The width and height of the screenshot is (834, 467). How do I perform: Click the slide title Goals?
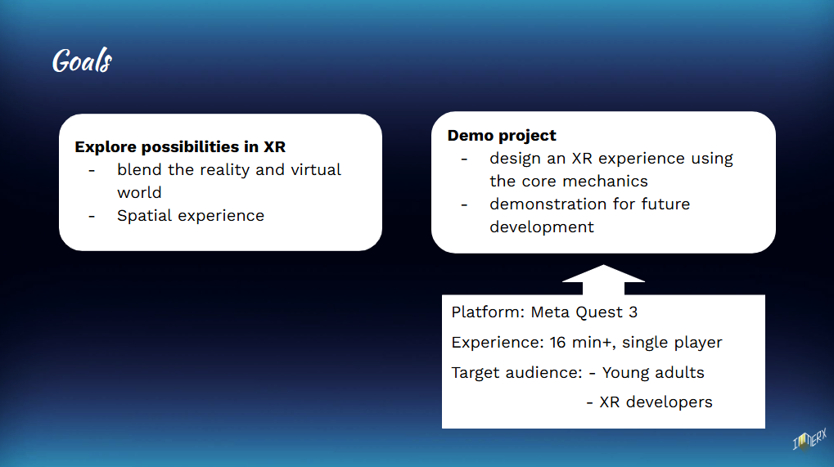pos(82,60)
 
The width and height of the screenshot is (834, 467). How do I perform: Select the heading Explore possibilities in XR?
pos(180,146)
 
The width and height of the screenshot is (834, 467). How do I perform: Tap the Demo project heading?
pos(502,136)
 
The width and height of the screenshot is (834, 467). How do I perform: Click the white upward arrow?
pos(603,280)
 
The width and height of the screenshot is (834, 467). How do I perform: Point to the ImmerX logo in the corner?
pos(809,440)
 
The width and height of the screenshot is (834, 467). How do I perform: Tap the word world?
pos(139,192)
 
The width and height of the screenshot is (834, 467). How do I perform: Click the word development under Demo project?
pos(542,227)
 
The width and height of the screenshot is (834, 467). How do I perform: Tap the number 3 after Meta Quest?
pos(633,312)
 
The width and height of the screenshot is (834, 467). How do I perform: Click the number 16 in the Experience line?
pos(557,342)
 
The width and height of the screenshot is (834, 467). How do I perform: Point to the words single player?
pos(672,343)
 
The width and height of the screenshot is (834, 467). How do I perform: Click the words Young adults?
pos(653,372)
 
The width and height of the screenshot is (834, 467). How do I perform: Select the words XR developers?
pos(656,402)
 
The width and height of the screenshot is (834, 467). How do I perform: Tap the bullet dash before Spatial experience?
pos(92,216)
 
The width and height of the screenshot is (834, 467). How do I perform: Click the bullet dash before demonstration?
pos(464,204)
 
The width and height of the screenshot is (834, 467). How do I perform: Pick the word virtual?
pos(317,169)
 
